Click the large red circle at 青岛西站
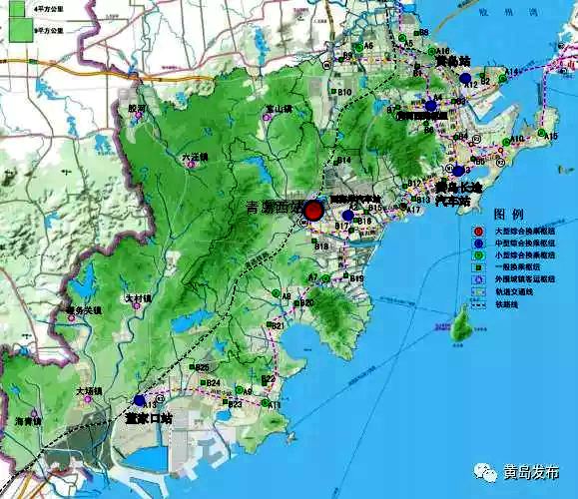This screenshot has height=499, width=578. (313, 211)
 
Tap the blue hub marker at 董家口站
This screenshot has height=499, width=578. (139, 400)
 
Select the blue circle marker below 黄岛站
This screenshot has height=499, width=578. (430, 105)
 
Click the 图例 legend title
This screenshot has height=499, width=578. (508, 215)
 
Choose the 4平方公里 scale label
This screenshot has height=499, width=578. (48, 8)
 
